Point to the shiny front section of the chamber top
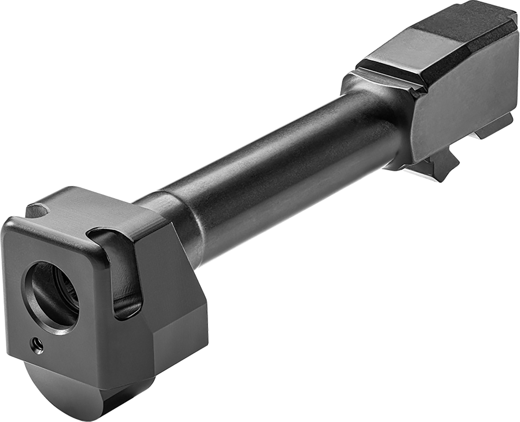click(392, 55)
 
